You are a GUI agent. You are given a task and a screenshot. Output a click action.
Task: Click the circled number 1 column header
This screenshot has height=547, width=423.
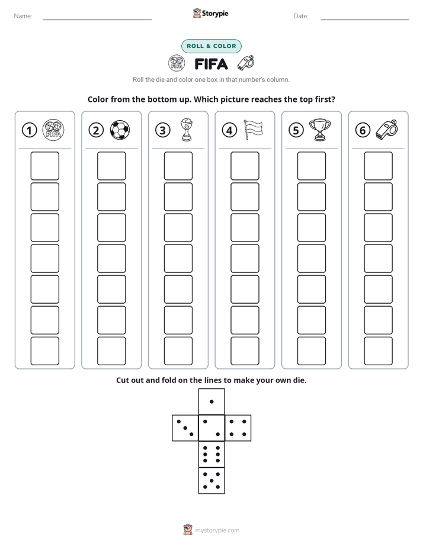tap(29, 130)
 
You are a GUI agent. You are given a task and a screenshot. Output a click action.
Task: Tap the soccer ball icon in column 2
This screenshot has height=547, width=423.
tap(120, 130)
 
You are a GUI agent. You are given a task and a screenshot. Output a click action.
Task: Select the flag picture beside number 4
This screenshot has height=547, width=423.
tap(253, 130)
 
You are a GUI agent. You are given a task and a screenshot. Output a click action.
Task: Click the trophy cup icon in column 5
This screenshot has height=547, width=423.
tap(320, 130)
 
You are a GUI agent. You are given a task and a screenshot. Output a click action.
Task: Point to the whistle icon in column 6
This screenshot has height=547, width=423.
tap(387, 130)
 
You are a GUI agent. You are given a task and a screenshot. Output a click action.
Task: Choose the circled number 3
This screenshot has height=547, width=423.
tap(163, 130)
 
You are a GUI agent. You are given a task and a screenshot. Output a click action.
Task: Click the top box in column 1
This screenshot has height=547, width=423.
tap(44, 166)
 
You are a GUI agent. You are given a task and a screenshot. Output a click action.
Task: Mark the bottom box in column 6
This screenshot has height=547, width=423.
tap(379, 351)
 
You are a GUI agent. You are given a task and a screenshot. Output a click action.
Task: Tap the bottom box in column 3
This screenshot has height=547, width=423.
tap(178, 351)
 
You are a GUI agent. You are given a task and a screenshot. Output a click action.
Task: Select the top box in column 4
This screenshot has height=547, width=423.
tap(245, 166)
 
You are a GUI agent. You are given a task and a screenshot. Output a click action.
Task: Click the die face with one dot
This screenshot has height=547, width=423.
tap(211, 401)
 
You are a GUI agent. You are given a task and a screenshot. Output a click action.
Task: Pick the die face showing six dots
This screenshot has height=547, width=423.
tap(211, 454)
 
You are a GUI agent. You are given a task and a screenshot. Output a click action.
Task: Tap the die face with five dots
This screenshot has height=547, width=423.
tap(211, 480)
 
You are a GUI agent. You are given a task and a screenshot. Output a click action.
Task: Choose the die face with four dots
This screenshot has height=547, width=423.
tap(238, 428)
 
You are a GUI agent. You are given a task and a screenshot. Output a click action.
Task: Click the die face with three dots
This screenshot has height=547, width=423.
tap(185, 428)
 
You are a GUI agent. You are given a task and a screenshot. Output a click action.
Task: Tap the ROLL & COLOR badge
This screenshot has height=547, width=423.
tap(211, 46)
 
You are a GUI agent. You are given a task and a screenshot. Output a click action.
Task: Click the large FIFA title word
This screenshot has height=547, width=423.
tap(211, 64)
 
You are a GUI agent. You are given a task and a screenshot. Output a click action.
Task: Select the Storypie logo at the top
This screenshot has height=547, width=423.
tap(210, 14)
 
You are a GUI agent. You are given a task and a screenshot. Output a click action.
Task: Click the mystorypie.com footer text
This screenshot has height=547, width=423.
tap(217, 530)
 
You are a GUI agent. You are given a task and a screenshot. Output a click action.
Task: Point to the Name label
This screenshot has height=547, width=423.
tap(23, 16)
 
